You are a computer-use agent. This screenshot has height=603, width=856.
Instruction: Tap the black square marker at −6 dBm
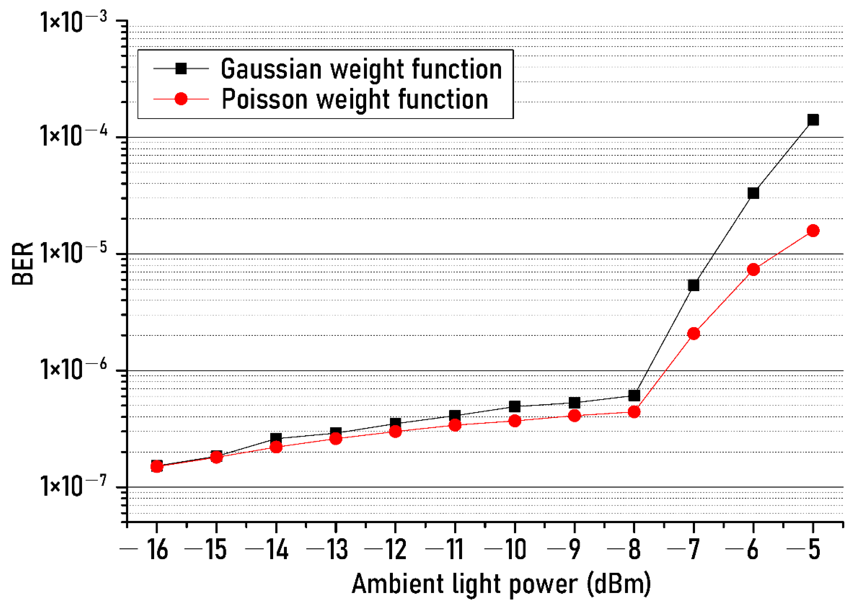(753, 193)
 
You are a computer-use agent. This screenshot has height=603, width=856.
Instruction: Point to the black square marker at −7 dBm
(693, 285)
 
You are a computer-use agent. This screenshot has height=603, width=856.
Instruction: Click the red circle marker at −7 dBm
(693, 333)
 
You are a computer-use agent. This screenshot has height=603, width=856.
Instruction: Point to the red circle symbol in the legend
(181, 99)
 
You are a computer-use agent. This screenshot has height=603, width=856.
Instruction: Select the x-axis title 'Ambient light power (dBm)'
(501, 584)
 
